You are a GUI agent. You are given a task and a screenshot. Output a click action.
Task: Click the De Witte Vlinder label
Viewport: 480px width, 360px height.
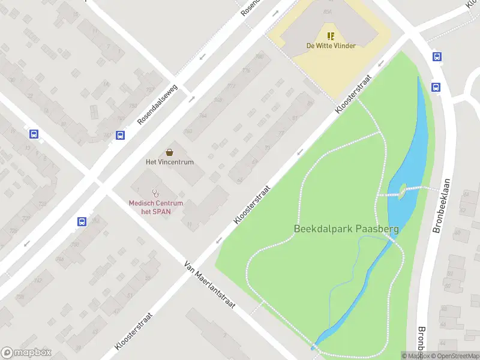[331, 46]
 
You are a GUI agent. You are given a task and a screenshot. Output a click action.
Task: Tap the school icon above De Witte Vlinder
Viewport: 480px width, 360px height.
[331, 35]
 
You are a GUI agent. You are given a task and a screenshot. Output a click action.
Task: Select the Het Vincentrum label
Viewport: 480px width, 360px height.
[170, 162]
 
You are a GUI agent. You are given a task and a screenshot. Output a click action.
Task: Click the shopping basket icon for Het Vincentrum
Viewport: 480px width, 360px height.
[170, 152]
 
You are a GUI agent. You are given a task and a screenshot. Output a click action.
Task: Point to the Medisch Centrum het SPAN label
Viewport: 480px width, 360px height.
[156, 207]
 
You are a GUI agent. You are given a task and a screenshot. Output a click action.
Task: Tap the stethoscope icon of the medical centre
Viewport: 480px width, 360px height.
[156, 193]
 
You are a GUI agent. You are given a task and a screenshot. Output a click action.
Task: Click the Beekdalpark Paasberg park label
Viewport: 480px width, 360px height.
[346, 229]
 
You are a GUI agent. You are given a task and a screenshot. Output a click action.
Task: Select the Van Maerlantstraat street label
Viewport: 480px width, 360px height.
[210, 285]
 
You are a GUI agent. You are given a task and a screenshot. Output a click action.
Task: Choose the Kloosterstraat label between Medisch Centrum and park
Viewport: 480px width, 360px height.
[252, 205]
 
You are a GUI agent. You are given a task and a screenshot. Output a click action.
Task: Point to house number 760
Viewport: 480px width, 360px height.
[188, 131]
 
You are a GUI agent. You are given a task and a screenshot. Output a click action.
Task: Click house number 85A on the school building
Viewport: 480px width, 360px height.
[327, 11]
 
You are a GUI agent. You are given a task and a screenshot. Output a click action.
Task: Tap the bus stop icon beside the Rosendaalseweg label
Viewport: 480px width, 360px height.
[121, 135]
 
